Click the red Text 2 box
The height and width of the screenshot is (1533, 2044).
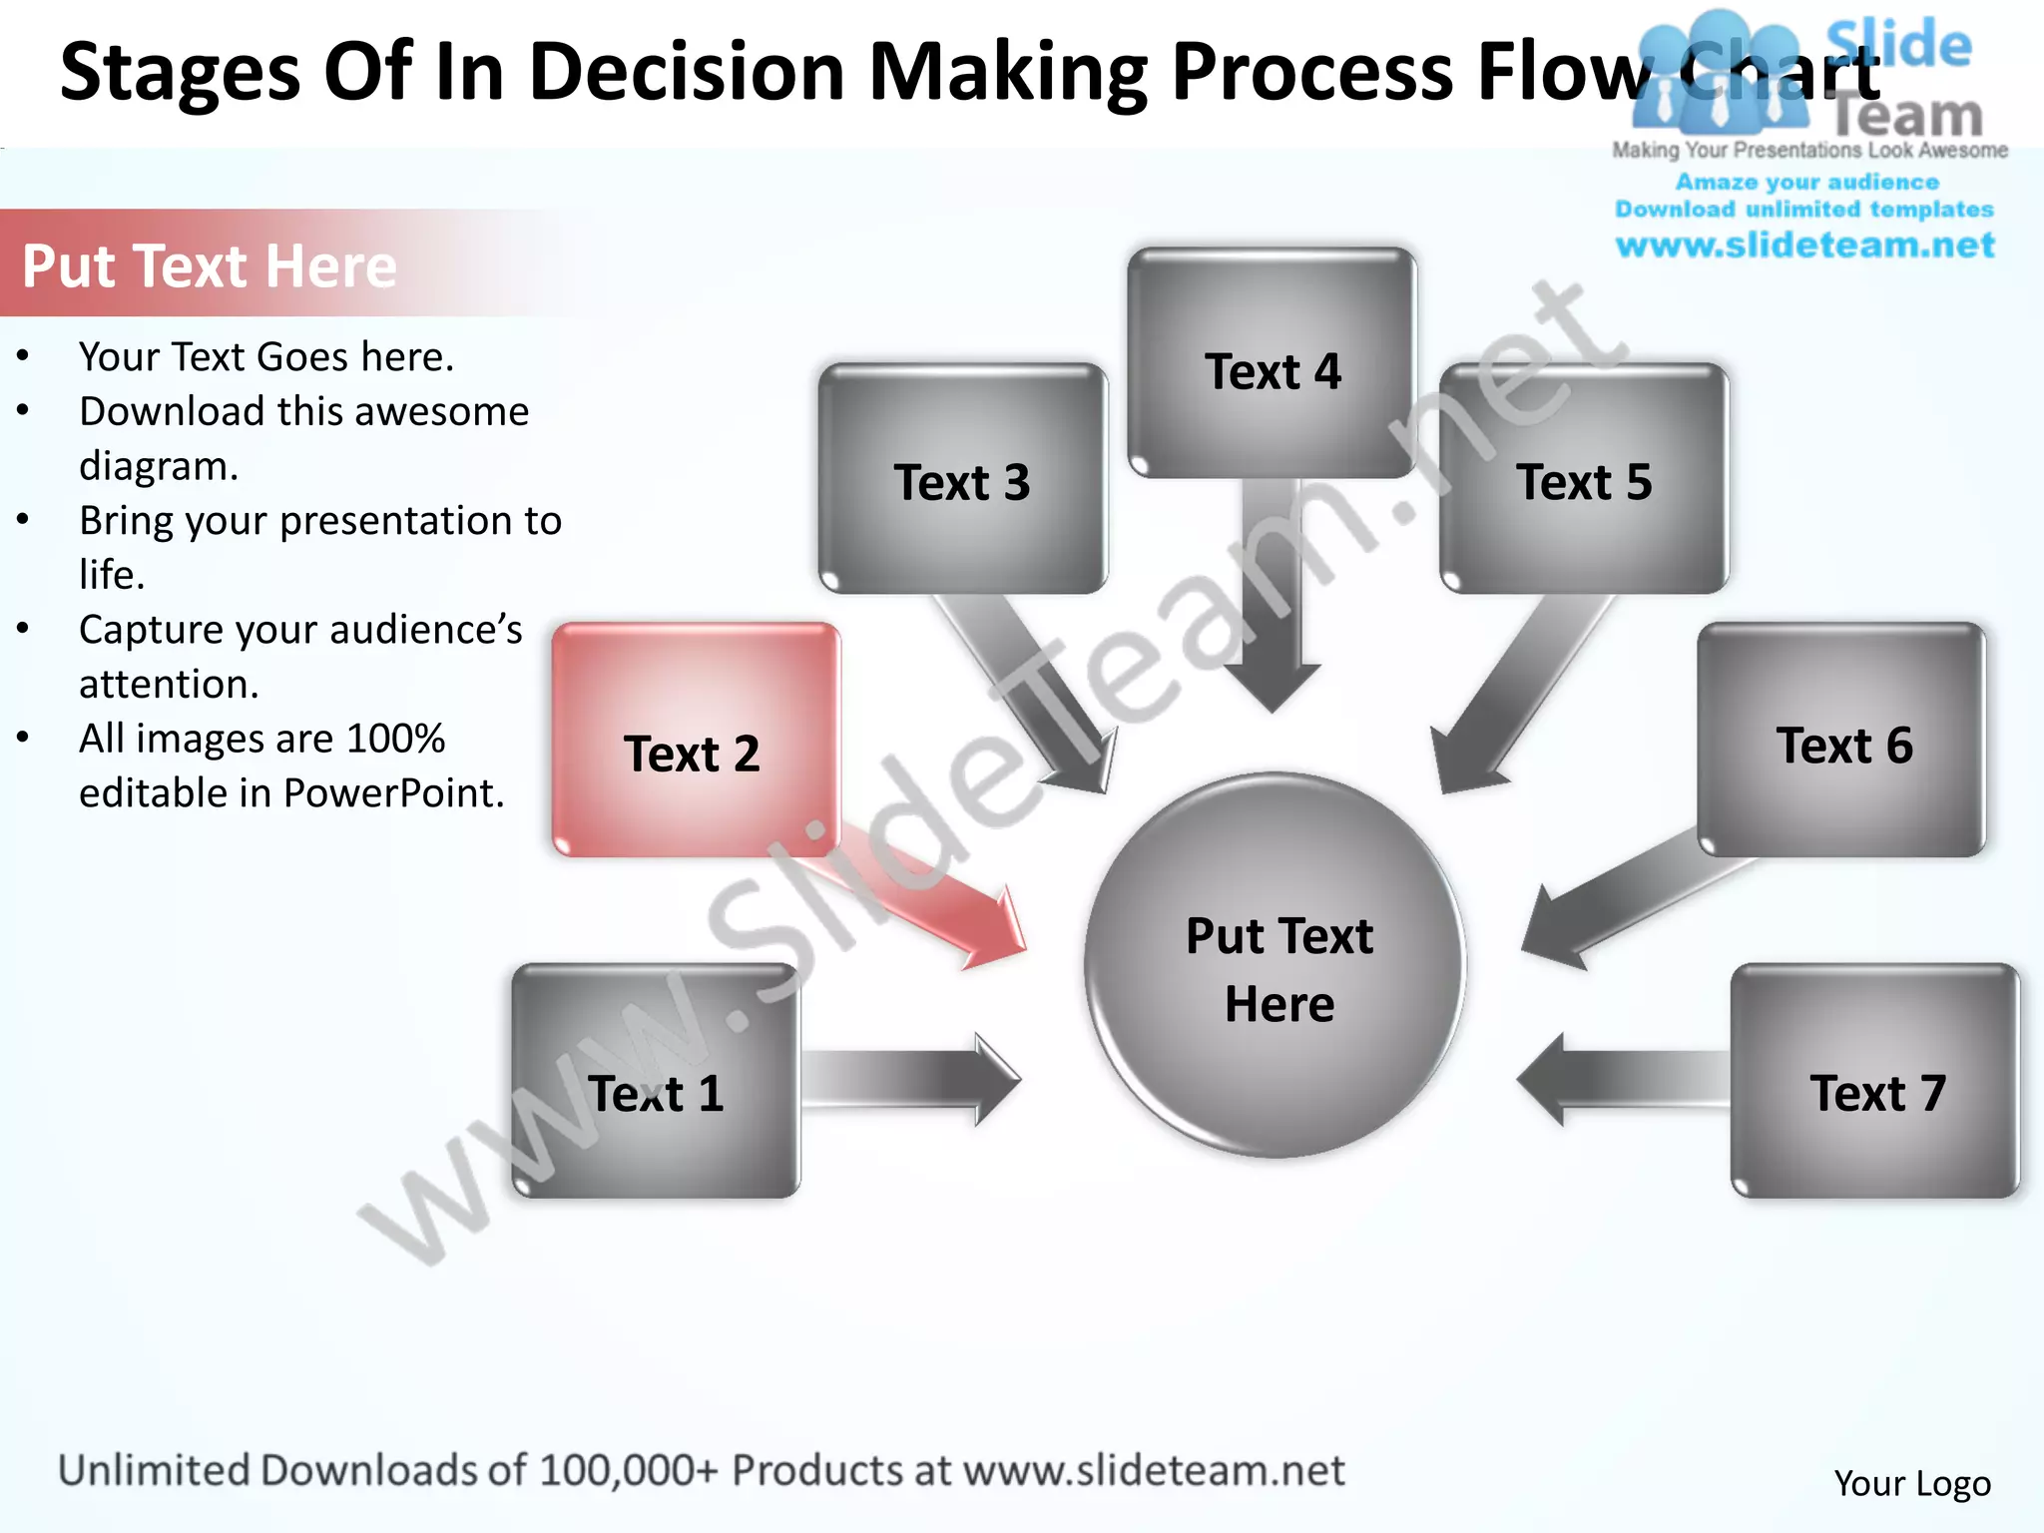(696, 740)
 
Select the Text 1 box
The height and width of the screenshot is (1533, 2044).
(656, 1081)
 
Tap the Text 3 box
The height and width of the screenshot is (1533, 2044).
(962, 479)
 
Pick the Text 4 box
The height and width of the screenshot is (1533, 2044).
(1272, 363)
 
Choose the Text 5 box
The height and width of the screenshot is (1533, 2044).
(1584, 479)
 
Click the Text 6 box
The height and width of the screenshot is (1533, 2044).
(1841, 740)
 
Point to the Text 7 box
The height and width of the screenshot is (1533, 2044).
(1875, 1081)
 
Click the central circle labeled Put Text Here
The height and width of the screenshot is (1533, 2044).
(1276, 966)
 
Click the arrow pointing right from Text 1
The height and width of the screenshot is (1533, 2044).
(908, 1079)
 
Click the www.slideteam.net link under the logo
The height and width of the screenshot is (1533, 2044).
(1804, 246)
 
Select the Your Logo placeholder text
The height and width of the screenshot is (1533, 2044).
(1911, 1483)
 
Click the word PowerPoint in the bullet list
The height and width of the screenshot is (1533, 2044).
(393, 793)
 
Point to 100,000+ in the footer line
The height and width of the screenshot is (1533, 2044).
(628, 1471)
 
